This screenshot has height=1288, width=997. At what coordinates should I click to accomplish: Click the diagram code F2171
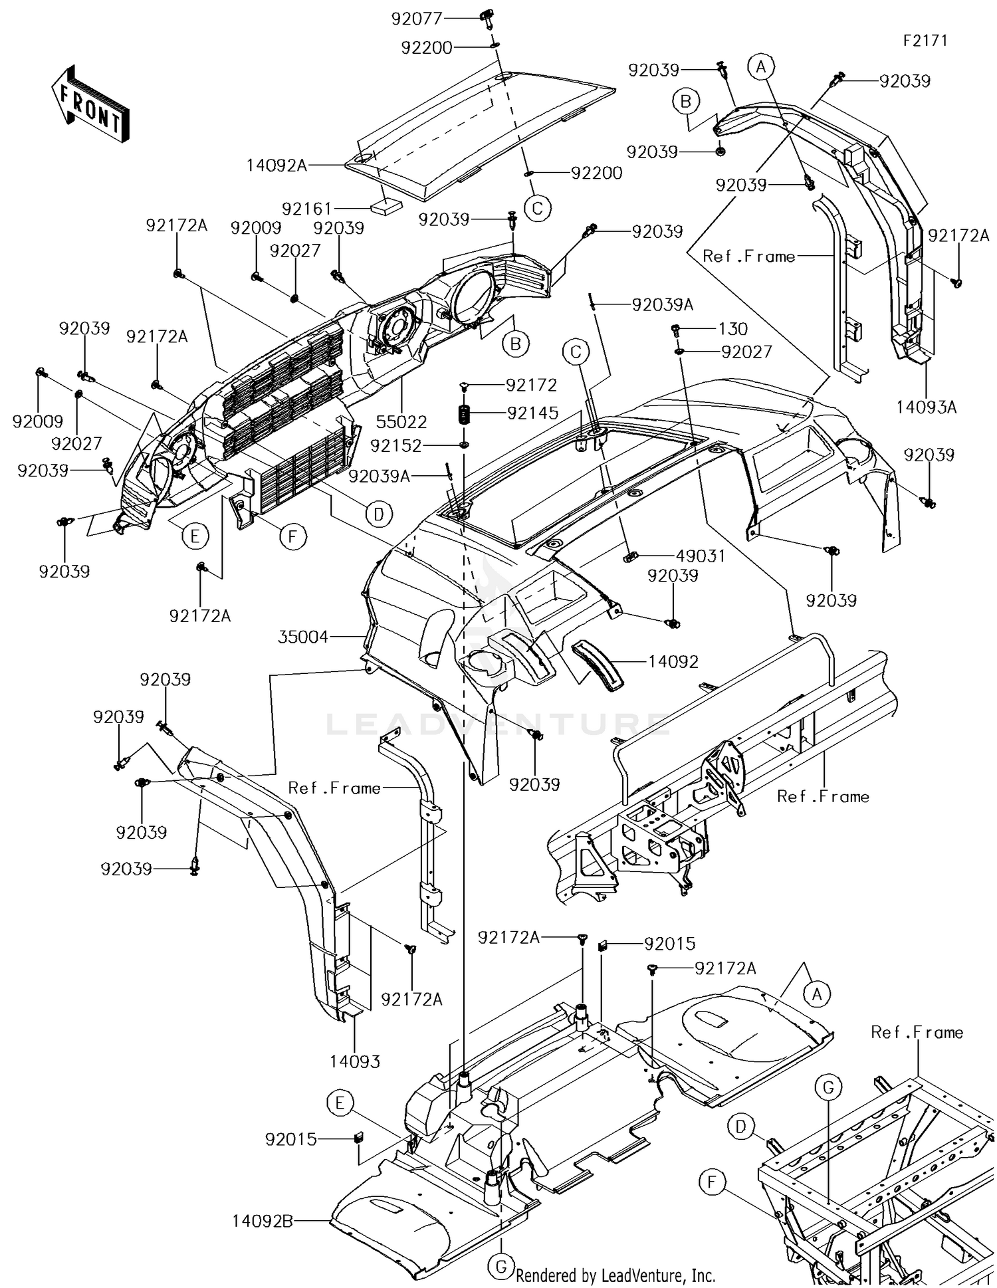coord(925,41)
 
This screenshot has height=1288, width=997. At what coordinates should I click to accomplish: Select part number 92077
coord(417,19)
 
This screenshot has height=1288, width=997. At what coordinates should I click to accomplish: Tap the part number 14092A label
coord(277,165)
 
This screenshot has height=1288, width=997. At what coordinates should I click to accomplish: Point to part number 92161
coord(307,209)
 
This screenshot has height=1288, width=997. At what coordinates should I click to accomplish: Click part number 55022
coord(401,421)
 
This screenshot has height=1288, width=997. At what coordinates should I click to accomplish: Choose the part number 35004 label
coord(303,637)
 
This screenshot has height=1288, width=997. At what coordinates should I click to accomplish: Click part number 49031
coord(701,556)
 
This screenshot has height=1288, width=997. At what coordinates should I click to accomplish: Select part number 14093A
coord(927,407)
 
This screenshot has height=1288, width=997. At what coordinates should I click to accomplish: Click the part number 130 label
coord(733,329)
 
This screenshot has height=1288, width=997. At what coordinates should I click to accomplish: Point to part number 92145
coord(532,413)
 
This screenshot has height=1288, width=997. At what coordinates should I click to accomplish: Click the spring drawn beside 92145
coord(465,414)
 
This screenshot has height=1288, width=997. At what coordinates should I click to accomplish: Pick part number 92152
coord(396,445)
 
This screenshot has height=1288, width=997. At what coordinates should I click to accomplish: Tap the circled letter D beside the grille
coord(378,514)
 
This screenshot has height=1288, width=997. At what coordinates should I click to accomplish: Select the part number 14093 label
coord(355,1062)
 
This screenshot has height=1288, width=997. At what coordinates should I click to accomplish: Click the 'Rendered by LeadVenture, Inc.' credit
coord(615,1275)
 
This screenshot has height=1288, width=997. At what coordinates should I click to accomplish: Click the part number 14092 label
coord(673,662)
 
